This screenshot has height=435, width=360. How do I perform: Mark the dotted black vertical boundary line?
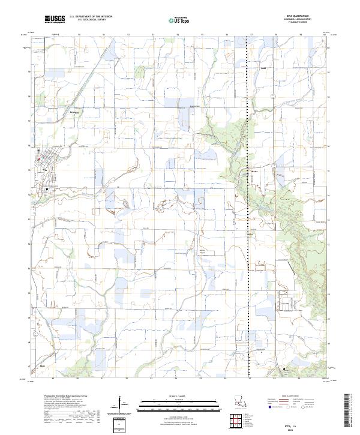tap(248, 240)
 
